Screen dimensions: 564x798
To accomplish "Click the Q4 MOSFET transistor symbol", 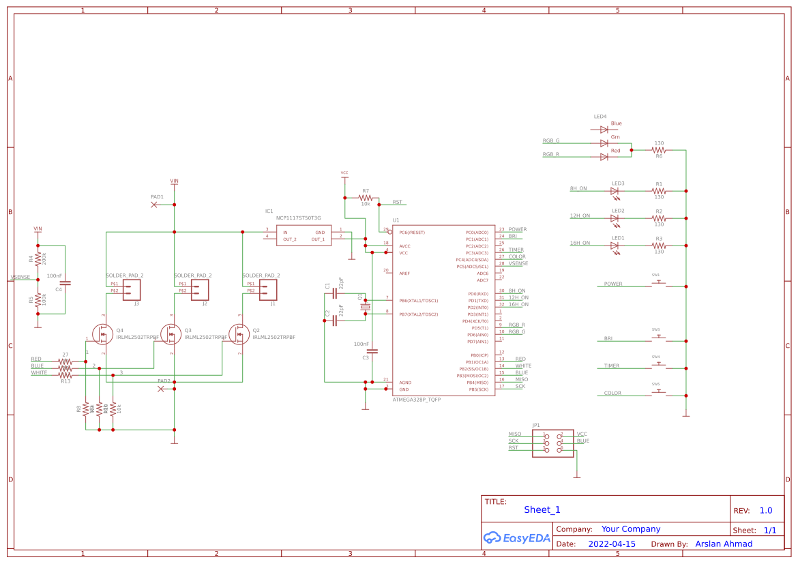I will tap(104, 334).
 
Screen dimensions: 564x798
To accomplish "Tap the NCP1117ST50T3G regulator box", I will tap(304, 235).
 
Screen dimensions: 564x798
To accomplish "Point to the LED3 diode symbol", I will tap(615, 191).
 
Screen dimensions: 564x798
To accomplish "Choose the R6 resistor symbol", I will tap(658, 150).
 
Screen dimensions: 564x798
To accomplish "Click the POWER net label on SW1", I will tap(613, 284).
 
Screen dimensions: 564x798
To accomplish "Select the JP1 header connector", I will tap(552, 443).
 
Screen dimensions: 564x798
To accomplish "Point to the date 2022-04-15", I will tap(611, 544).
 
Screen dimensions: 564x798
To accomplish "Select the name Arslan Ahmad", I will tap(724, 544).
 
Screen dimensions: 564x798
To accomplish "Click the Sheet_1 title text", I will tap(542, 509).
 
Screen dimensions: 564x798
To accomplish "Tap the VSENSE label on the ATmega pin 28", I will tap(518, 263).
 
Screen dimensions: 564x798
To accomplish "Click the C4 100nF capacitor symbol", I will tap(65, 282).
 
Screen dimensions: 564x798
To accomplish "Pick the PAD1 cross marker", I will tap(153, 205).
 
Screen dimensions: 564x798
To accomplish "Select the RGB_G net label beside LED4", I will tap(551, 140).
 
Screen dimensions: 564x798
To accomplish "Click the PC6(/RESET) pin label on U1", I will tap(412, 233).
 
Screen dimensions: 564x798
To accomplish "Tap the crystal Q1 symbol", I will tap(365, 308).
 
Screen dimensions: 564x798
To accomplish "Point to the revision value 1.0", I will tap(765, 510).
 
